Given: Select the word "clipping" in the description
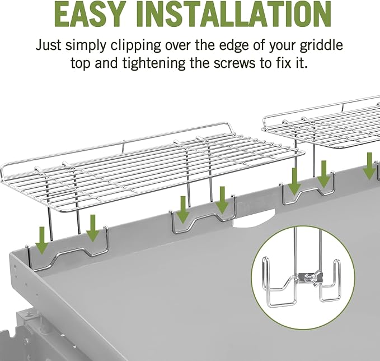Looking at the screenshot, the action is pyautogui.click(x=136, y=45).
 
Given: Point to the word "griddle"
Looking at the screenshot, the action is pyautogui.click(x=321, y=45).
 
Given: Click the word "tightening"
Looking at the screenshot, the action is pyautogui.click(x=154, y=63).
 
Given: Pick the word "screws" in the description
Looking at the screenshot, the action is pyautogui.click(x=234, y=64).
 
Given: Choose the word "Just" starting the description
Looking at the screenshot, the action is pyautogui.click(x=49, y=45).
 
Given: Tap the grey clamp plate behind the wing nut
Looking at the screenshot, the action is pyautogui.click(x=311, y=277).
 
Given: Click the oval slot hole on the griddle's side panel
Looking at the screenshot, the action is pyautogui.click(x=15, y=269).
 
